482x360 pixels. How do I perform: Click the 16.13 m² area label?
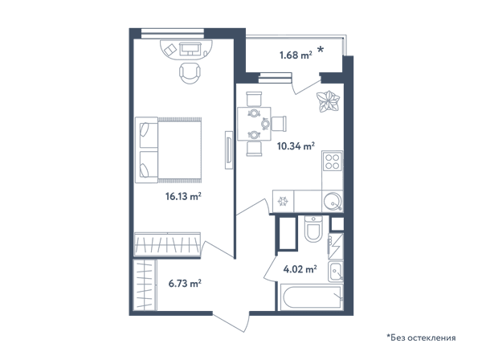[x=183, y=196]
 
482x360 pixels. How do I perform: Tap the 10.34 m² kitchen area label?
[x=296, y=145]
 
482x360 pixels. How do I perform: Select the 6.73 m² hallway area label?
[x=185, y=283]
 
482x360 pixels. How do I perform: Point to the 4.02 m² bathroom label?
[x=300, y=269]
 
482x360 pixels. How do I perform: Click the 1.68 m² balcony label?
[x=296, y=55]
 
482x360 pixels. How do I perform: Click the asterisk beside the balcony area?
[x=321, y=49]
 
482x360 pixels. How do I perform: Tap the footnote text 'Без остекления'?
[x=423, y=337]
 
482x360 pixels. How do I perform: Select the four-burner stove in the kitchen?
[x=333, y=161]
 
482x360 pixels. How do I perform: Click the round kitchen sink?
[x=333, y=202]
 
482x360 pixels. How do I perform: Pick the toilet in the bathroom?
[x=313, y=229]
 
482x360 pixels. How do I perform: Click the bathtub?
[x=312, y=297]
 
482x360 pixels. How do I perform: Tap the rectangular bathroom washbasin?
[x=335, y=272]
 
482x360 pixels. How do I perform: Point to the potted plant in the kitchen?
[x=328, y=100]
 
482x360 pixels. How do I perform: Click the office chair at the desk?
[x=190, y=73]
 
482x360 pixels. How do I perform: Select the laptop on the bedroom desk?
[x=190, y=48]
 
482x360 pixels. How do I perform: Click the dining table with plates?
[x=254, y=124]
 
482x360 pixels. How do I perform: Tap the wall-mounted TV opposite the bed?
[x=228, y=150]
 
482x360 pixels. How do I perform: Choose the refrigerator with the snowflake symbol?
[x=283, y=202]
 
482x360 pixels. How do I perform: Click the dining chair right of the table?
[x=279, y=124]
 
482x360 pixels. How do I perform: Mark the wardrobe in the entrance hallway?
[x=145, y=285]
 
